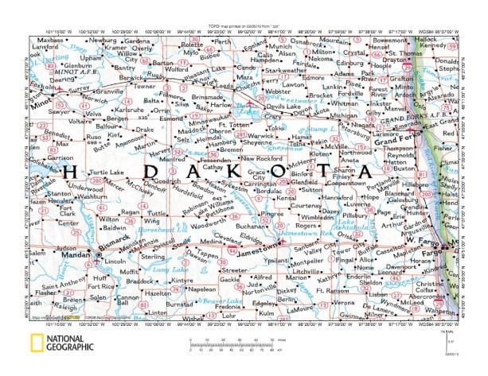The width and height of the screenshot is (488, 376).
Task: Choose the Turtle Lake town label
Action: click(x=107, y=172)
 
